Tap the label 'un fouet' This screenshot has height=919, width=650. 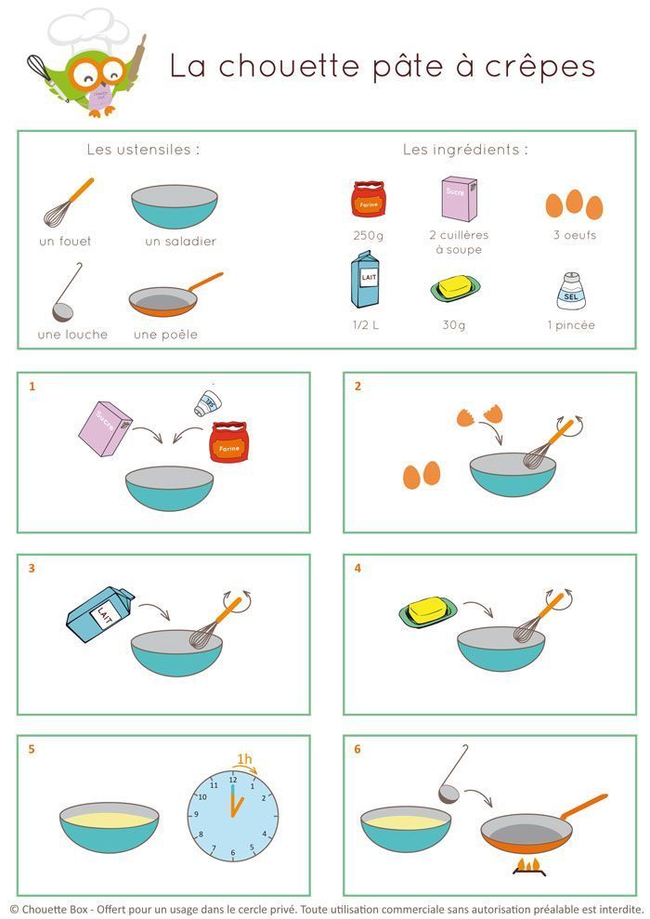coord(65,242)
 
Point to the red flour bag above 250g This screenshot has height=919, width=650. coord(368,199)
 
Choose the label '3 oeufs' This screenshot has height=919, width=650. coord(574,236)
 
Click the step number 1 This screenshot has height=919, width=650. coord(32,386)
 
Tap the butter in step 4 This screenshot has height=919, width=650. coord(430,610)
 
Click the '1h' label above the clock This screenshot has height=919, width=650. coord(244,759)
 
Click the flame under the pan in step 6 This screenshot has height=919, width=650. coord(529,866)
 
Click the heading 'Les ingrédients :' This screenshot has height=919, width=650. coord(465,150)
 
